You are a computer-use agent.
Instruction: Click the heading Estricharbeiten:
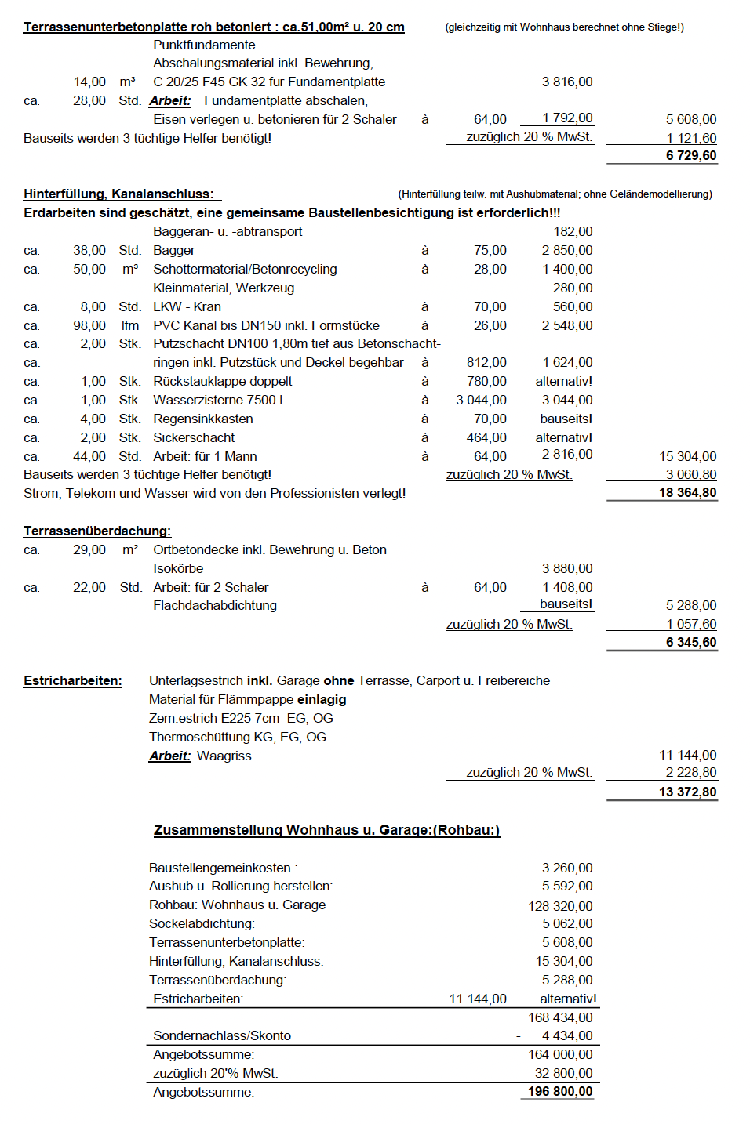pos(73,680)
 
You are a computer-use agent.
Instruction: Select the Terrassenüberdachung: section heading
pos(97,531)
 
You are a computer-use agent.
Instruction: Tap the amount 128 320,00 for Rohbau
pos(560,906)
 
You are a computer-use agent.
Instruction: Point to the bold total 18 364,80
pos(687,492)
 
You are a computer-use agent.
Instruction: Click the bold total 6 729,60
pos(691,155)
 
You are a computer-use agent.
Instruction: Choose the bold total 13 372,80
pos(687,792)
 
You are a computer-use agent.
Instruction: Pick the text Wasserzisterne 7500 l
pos(217,400)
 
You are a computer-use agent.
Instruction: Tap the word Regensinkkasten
pos(202,419)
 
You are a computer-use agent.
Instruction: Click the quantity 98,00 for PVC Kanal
pos(89,325)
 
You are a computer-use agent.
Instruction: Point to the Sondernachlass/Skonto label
pos(222,1035)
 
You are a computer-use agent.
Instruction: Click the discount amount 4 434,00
pos(566,1035)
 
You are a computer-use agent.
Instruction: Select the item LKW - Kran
pos(187,306)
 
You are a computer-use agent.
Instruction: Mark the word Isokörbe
pos(178,568)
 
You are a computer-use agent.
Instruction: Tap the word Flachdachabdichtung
pos(215,605)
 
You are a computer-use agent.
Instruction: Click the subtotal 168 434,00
pos(560,1017)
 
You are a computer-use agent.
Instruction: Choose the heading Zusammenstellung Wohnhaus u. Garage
pos(326,830)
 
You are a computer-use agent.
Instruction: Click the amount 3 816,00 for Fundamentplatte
pos(566,82)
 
